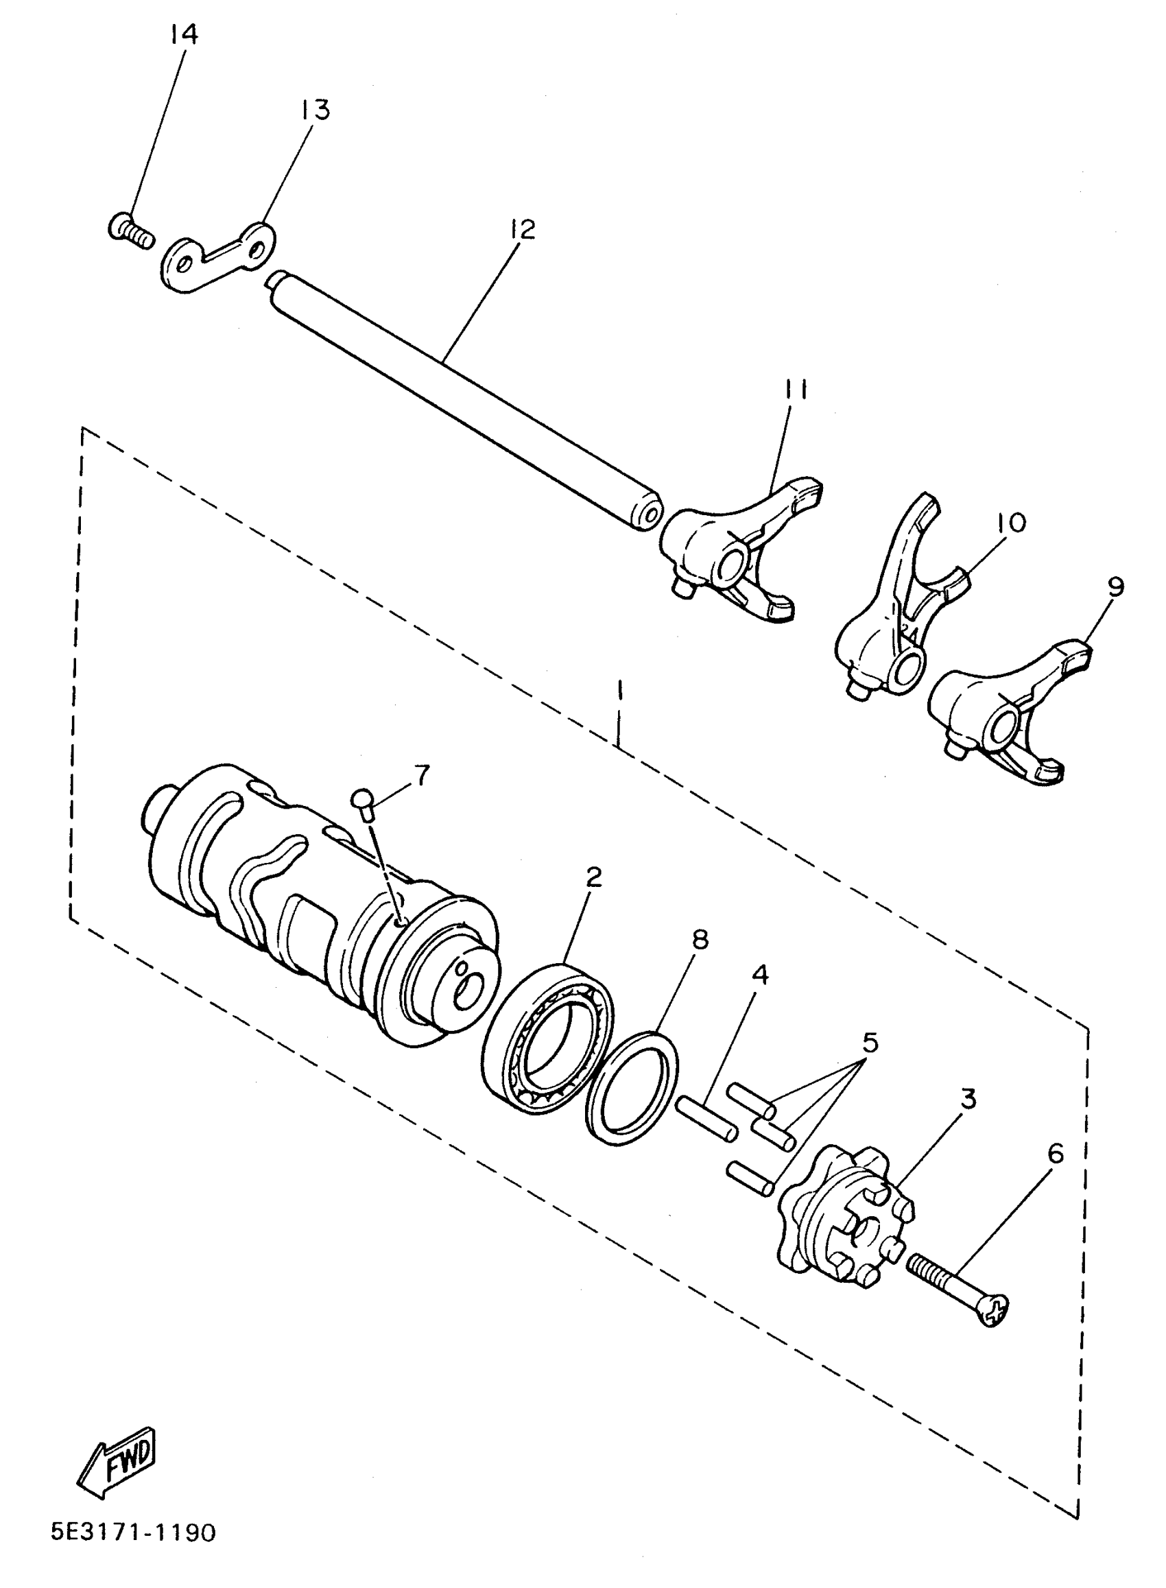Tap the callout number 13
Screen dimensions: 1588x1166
[314, 110]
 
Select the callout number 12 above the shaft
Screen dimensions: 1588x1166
[521, 229]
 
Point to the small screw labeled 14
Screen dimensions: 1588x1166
[131, 230]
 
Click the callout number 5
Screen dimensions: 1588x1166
[870, 1041]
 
